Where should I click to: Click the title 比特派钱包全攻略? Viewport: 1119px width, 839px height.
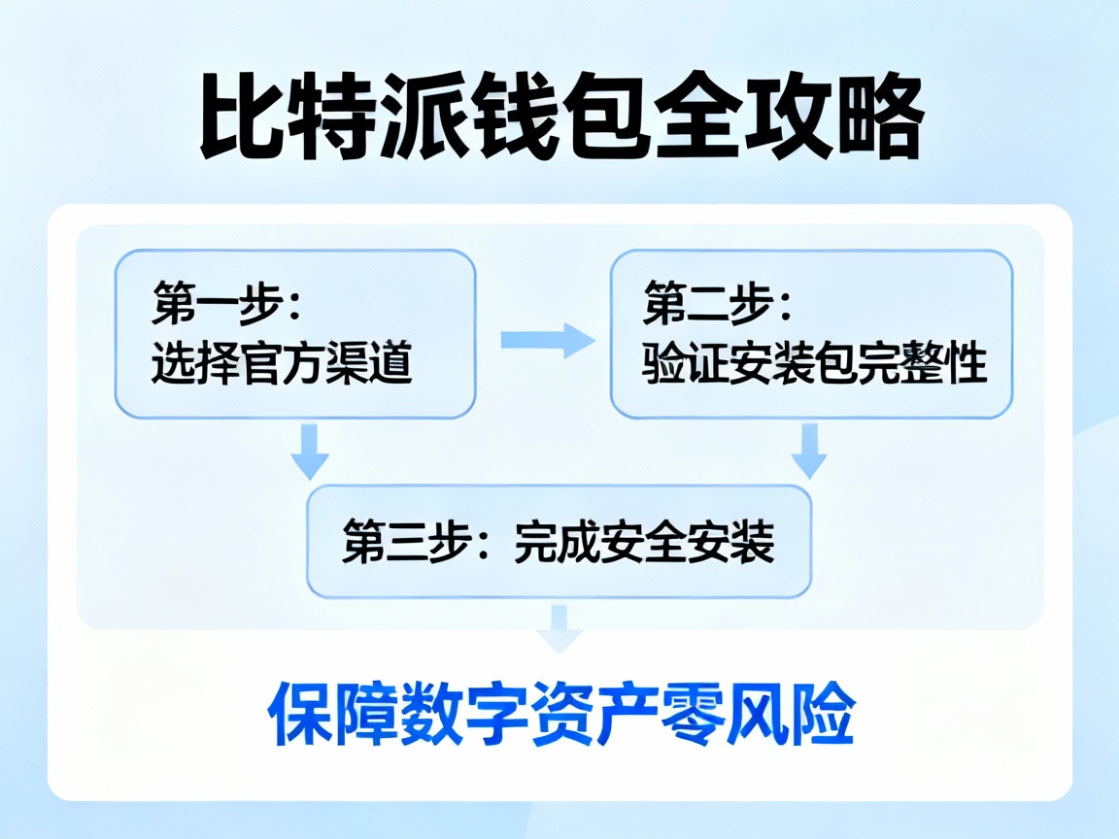click(x=561, y=120)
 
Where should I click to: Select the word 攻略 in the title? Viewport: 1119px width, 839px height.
click(x=832, y=120)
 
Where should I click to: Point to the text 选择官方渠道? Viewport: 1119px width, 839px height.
click(x=282, y=365)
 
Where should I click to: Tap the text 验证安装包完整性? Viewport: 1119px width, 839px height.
click(x=814, y=365)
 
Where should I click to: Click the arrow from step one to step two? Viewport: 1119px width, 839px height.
click(x=546, y=340)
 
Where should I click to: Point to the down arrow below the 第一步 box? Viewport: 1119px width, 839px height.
click(x=311, y=451)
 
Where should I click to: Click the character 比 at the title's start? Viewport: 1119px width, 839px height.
click(x=236, y=120)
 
